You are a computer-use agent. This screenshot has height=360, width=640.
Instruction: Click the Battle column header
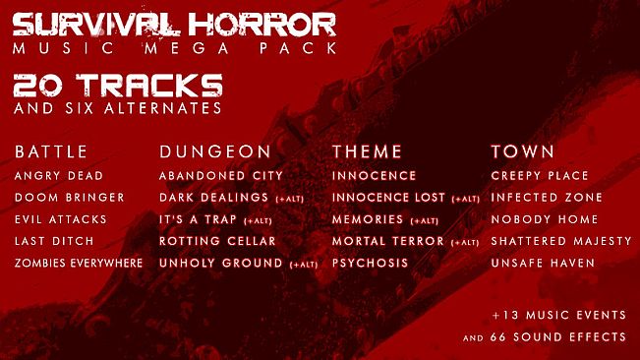51,151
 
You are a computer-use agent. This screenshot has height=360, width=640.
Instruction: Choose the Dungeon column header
214,151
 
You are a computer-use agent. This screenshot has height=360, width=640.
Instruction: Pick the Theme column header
368,151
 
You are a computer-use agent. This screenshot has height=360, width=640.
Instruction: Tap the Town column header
523,151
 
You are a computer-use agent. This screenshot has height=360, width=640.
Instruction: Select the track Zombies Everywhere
79,264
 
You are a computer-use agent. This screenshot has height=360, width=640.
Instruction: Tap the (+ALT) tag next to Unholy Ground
303,265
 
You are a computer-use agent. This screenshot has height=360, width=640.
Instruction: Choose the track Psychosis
369,264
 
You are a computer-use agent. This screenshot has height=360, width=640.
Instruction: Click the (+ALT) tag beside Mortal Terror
464,242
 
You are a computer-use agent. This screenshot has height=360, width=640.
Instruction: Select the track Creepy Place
540,176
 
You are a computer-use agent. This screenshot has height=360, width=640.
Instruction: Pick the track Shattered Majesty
561,241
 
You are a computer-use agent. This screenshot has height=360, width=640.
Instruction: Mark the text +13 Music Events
559,316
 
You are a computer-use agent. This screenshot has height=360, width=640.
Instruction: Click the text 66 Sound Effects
571,337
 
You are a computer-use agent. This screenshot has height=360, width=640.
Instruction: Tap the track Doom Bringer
69,198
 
